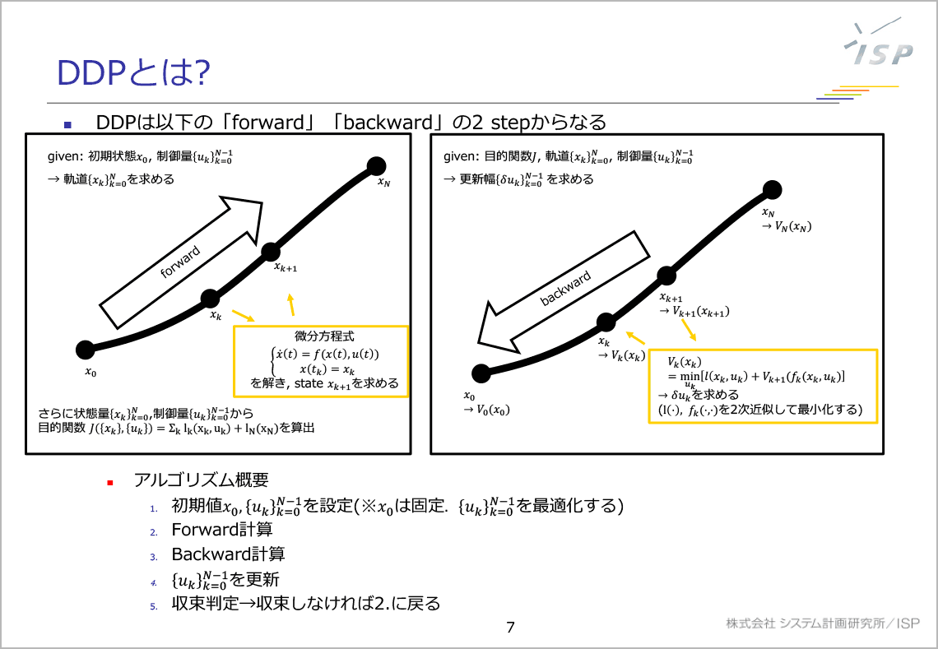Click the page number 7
pos(510,628)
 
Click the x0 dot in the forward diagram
pos(85,350)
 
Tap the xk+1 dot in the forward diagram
pos(272,251)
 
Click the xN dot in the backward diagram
pos(772,191)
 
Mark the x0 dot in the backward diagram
pos(481,373)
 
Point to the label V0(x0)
pos(485,410)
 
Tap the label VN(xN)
pos(788,227)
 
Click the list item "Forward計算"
pos(222,530)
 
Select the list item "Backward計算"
pos(228,554)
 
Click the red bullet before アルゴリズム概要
pos(109,481)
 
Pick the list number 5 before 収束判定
pos(153,605)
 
